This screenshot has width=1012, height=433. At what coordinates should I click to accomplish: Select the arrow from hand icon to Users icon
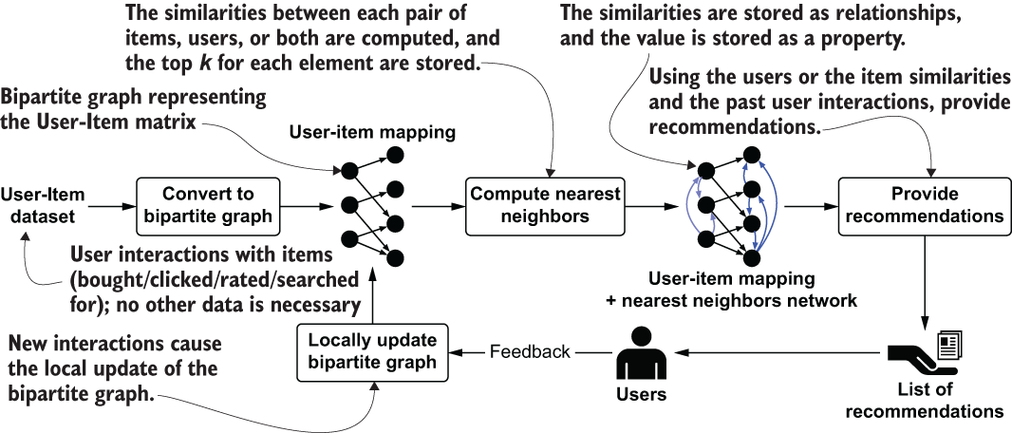click(x=769, y=352)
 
